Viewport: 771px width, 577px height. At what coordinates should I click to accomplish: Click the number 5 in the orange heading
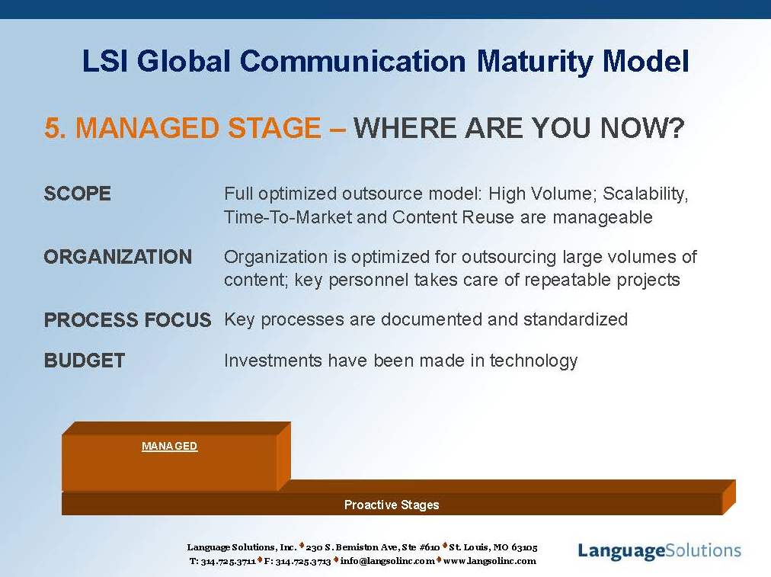tap(52, 128)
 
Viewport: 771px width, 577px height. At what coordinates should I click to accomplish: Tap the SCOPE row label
tap(77, 194)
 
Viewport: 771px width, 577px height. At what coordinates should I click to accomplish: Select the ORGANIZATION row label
tap(118, 257)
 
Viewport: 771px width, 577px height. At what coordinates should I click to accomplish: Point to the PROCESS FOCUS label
tap(127, 320)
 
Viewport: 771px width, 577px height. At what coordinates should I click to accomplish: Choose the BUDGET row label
tap(85, 361)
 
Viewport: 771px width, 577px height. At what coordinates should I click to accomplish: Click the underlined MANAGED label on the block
tap(170, 446)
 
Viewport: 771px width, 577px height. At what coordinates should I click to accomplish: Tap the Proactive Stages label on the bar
tap(392, 505)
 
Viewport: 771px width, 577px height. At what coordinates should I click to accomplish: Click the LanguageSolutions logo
tap(659, 550)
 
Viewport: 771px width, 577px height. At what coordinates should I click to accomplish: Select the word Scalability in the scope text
tap(645, 194)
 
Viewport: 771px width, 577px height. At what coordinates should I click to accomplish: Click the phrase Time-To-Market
tap(287, 217)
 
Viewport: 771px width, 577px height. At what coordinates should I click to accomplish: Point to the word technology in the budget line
tap(533, 361)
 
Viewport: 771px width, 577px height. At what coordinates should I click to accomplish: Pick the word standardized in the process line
tap(575, 319)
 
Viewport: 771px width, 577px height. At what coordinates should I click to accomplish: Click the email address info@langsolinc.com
tap(388, 561)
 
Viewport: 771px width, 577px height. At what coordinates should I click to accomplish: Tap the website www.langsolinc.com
tap(490, 561)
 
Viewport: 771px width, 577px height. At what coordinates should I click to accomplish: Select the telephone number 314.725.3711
tap(228, 561)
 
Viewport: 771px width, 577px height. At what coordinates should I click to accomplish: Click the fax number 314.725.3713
tap(303, 561)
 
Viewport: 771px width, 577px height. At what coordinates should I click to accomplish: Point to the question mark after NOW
tap(674, 128)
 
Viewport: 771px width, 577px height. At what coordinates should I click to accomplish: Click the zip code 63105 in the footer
tap(524, 547)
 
